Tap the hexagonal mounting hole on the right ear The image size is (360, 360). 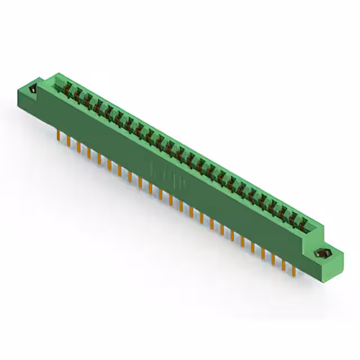pyautogui.click(x=324, y=252)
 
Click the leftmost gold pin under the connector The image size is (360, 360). pyautogui.click(x=58, y=134)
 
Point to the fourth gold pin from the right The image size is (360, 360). pyautogui.click(x=263, y=253)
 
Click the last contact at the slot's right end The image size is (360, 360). pyautogui.click(x=302, y=224)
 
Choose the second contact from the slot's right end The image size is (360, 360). pyautogui.click(x=292, y=218)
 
